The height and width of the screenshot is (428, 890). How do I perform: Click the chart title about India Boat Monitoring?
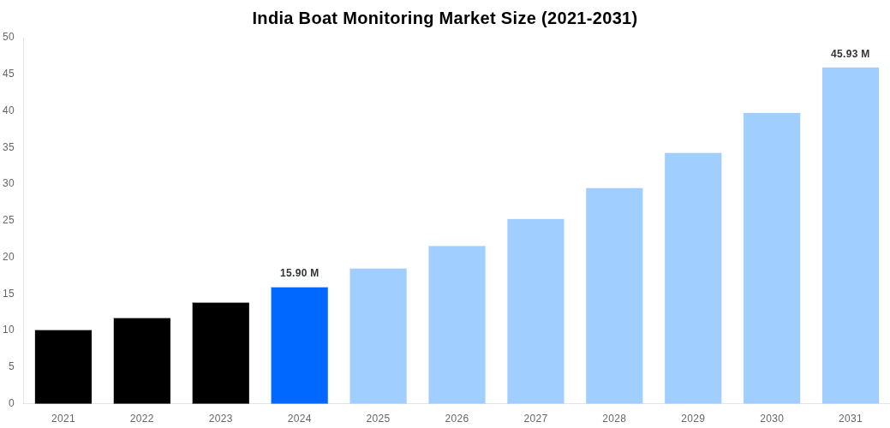[x=445, y=18]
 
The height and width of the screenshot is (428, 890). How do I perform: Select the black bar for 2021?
[x=63, y=366]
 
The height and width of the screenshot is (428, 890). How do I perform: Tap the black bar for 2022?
[x=142, y=360]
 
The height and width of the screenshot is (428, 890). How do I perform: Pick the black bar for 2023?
[x=221, y=353]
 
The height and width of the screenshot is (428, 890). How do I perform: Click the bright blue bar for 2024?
[x=300, y=345]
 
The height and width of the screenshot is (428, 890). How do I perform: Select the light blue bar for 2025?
[x=378, y=336]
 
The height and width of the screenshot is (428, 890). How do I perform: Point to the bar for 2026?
[x=457, y=324]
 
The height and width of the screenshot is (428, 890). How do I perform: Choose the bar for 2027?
[x=535, y=311]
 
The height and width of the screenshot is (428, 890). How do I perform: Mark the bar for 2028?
[x=614, y=295]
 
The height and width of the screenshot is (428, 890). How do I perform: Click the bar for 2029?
[x=693, y=278]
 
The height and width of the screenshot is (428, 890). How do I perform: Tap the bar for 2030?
[x=772, y=258]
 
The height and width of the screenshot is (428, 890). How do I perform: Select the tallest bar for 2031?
[x=851, y=235]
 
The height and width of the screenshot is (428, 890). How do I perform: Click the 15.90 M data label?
[x=300, y=273]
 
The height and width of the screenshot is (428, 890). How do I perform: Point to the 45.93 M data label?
[x=850, y=54]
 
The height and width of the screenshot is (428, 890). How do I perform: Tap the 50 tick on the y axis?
[x=9, y=37]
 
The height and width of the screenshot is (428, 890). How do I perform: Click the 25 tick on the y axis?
[x=9, y=220]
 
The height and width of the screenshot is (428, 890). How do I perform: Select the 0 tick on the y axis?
[x=11, y=403]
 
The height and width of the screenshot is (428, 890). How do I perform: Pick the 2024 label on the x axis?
[x=300, y=419]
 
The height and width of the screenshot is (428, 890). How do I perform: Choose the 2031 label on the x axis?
[x=851, y=419]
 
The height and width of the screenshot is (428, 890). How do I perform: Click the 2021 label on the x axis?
[x=63, y=419]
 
